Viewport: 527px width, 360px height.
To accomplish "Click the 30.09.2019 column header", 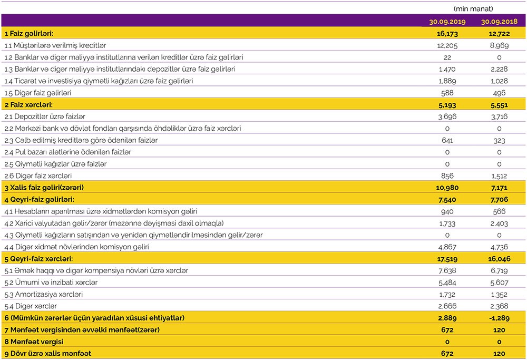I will point(447,22).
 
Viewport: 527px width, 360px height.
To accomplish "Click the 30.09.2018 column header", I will point(499,22).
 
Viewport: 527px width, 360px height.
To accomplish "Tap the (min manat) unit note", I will point(473,8).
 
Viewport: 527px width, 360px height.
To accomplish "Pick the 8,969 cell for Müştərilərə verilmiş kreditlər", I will point(499,45).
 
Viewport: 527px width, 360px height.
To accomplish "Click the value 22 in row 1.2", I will point(447,57).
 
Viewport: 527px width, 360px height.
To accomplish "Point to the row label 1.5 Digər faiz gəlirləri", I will point(37,93).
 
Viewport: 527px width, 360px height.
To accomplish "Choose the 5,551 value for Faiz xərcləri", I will point(499,104).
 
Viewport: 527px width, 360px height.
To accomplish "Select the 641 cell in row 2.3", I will point(447,140).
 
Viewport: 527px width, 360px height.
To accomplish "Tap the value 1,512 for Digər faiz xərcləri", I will point(499,176).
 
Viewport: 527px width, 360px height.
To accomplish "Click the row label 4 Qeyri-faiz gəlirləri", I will point(40,199).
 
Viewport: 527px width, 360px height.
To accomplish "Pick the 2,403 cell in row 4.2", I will point(499,223).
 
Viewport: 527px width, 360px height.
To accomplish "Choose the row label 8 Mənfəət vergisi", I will point(33,342).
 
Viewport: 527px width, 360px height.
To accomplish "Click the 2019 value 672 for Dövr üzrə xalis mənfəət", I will point(447,353).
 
